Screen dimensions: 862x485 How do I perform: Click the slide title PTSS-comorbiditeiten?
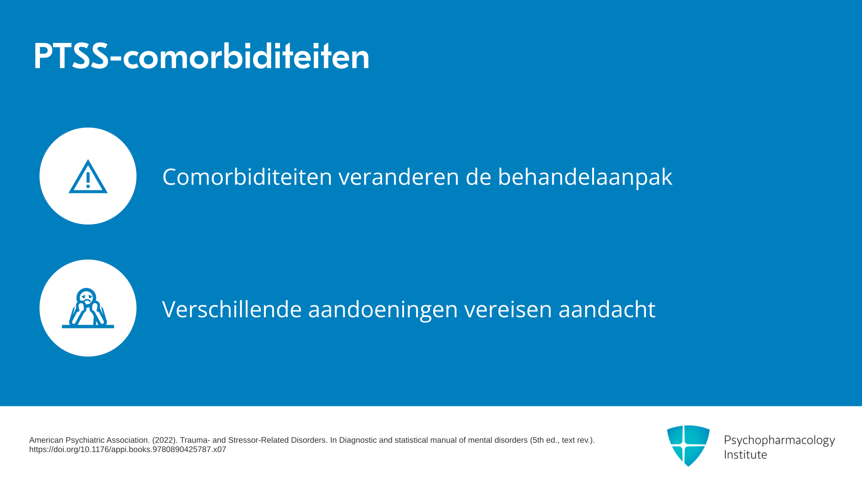point(201,56)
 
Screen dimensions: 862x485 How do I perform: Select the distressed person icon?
point(88,308)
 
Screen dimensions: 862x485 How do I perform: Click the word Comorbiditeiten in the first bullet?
point(247,176)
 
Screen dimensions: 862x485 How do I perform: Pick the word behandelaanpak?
point(585,177)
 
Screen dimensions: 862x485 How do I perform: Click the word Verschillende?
point(232,309)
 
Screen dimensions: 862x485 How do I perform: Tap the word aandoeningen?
point(383,309)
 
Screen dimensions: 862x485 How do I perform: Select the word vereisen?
point(508,309)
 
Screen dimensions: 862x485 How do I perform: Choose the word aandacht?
point(607,309)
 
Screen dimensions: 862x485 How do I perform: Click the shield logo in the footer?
point(688,445)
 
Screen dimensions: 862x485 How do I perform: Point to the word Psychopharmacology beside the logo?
point(779,441)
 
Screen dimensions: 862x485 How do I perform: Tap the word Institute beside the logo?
point(745,454)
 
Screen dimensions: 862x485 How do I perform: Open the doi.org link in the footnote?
point(128,450)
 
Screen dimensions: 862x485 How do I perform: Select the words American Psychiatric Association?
point(89,440)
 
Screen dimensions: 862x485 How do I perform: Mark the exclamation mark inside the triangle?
point(88,180)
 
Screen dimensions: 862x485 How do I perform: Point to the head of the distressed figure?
point(86,296)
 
